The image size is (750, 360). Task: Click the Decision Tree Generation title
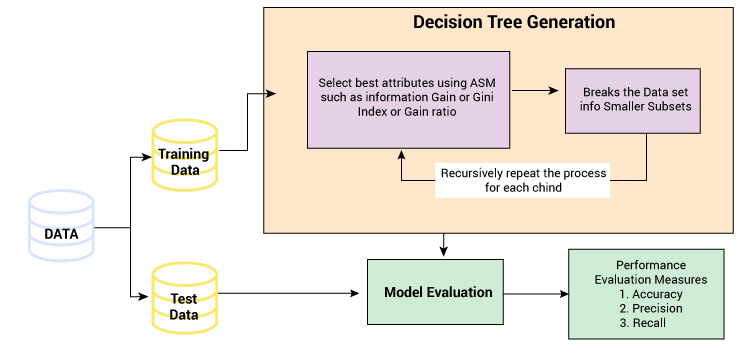tap(514, 22)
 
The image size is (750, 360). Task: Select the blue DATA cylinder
tap(61, 226)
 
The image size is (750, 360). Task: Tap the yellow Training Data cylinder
tap(185, 155)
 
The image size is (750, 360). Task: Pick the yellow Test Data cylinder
tap(185, 297)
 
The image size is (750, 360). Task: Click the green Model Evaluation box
tap(435, 292)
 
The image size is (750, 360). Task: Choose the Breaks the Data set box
tap(633, 101)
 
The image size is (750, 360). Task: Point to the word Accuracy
tap(657, 295)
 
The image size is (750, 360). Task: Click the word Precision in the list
tap(657, 308)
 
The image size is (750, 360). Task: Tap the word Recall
tap(649, 323)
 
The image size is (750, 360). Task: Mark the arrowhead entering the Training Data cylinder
tap(147, 157)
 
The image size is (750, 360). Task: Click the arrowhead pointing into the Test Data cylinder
tap(143, 296)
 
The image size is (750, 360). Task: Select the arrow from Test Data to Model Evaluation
tap(288, 293)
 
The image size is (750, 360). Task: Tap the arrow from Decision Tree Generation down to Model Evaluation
tap(444, 245)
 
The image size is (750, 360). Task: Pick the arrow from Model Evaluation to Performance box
tap(536, 294)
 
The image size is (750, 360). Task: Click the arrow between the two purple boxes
tap(534, 90)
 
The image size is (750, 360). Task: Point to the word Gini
tap(484, 97)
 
